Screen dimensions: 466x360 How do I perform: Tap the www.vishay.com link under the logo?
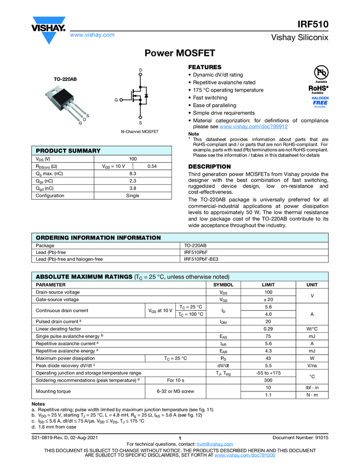point(92,35)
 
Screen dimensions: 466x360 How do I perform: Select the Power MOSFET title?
point(179,53)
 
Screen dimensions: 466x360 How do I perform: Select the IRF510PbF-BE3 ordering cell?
point(201,259)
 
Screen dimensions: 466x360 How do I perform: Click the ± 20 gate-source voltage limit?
point(268,300)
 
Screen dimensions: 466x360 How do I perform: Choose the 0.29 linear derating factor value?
point(268,328)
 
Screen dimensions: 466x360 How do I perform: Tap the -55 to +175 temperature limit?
point(268,373)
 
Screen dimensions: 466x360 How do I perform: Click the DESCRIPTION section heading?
point(209,167)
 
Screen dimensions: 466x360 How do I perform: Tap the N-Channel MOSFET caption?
point(140,132)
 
